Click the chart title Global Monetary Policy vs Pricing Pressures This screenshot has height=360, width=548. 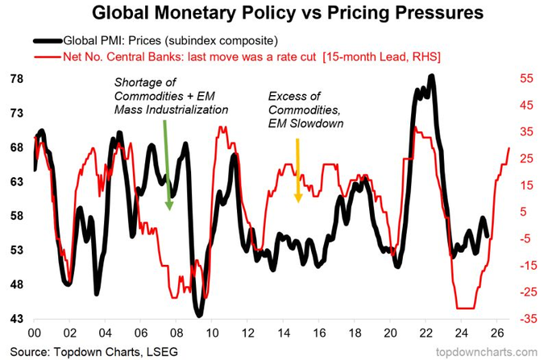(274, 14)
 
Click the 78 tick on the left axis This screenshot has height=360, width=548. (16, 80)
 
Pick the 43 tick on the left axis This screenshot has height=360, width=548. (16, 320)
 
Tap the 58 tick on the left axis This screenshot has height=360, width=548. (16, 217)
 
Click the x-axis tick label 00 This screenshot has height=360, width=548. (34, 333)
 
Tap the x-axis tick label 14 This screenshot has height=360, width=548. (282, 333)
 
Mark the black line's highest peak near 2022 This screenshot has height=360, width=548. (432, 77)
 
